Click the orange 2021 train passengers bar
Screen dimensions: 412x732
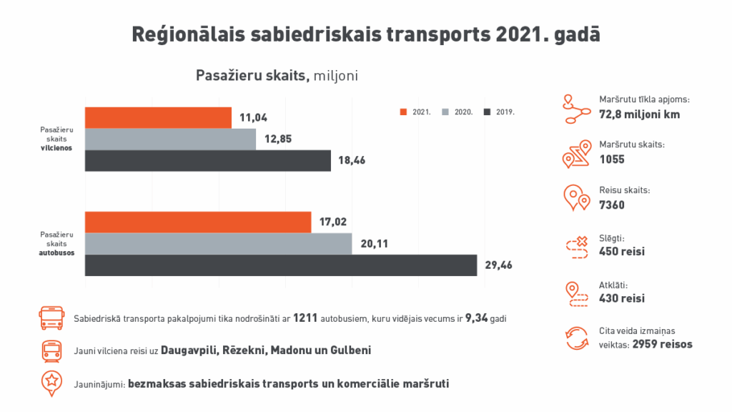click(x=158, y=118)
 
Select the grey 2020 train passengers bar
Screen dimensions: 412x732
click(x=170, y=139)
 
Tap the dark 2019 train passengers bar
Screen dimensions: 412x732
click(x=207, y=161)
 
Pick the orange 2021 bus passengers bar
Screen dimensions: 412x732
click(x=198, y=222)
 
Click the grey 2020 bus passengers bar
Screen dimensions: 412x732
click(x=218, y=244)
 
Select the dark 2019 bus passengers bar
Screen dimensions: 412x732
click(x=280, y=265)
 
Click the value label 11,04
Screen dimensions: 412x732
click(x=252, y=118)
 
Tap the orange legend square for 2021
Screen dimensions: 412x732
click(x=403, y=112)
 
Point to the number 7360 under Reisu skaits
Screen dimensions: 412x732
click(x=612, y=205)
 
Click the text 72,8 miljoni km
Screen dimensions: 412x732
click(x=639, y=114)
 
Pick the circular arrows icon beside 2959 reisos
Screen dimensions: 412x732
click(x=576, y=338)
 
